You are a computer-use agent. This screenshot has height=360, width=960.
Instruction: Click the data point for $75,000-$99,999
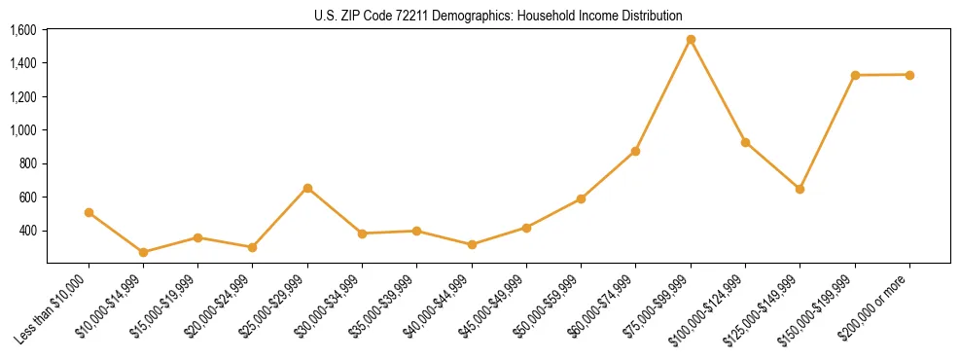691,40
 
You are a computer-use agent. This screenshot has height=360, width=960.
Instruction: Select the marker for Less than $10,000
89,212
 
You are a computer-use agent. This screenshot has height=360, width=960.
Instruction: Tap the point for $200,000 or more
909,75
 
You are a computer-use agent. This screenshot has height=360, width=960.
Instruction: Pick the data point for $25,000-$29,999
307,188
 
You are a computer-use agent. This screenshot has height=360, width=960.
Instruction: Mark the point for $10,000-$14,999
143,252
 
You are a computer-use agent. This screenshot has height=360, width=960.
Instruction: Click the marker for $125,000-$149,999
800,189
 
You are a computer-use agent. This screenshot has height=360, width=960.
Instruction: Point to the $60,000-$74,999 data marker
635,152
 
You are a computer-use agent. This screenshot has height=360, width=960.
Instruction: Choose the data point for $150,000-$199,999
855,75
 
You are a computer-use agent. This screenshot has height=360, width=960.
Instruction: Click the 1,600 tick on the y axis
23,30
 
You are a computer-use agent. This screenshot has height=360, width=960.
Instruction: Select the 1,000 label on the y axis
23,130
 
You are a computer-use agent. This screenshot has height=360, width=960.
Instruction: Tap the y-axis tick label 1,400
23,63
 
